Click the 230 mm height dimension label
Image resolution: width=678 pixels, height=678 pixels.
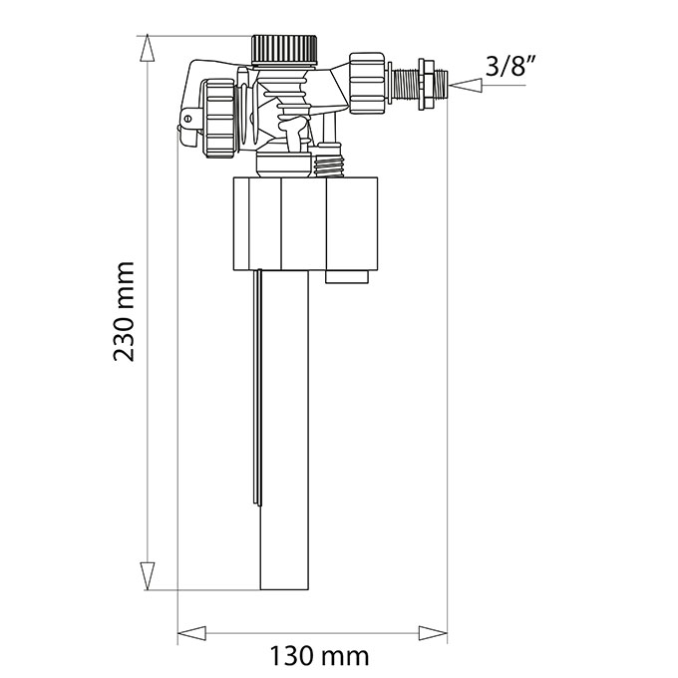click(x=124, y=311)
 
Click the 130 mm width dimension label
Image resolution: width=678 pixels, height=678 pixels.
click(x=319, y=656)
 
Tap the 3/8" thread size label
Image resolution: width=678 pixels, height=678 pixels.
click(x=510, y=66)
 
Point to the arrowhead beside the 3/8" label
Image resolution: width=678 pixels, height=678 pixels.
click(x=466, y=85)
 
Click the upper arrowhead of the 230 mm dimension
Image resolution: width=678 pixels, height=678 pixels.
click(x=147, y=49)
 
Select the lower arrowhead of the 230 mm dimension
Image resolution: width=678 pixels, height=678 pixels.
click(x=147, y=576)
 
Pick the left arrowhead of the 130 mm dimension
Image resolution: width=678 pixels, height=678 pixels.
click(x=192, y=633)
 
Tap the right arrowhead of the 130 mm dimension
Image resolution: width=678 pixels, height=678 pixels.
click(x=433, y=633)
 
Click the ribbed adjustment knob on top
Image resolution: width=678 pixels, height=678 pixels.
click(x=285, y=49)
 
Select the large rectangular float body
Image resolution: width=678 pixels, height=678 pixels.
click(x=306, y=223)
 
